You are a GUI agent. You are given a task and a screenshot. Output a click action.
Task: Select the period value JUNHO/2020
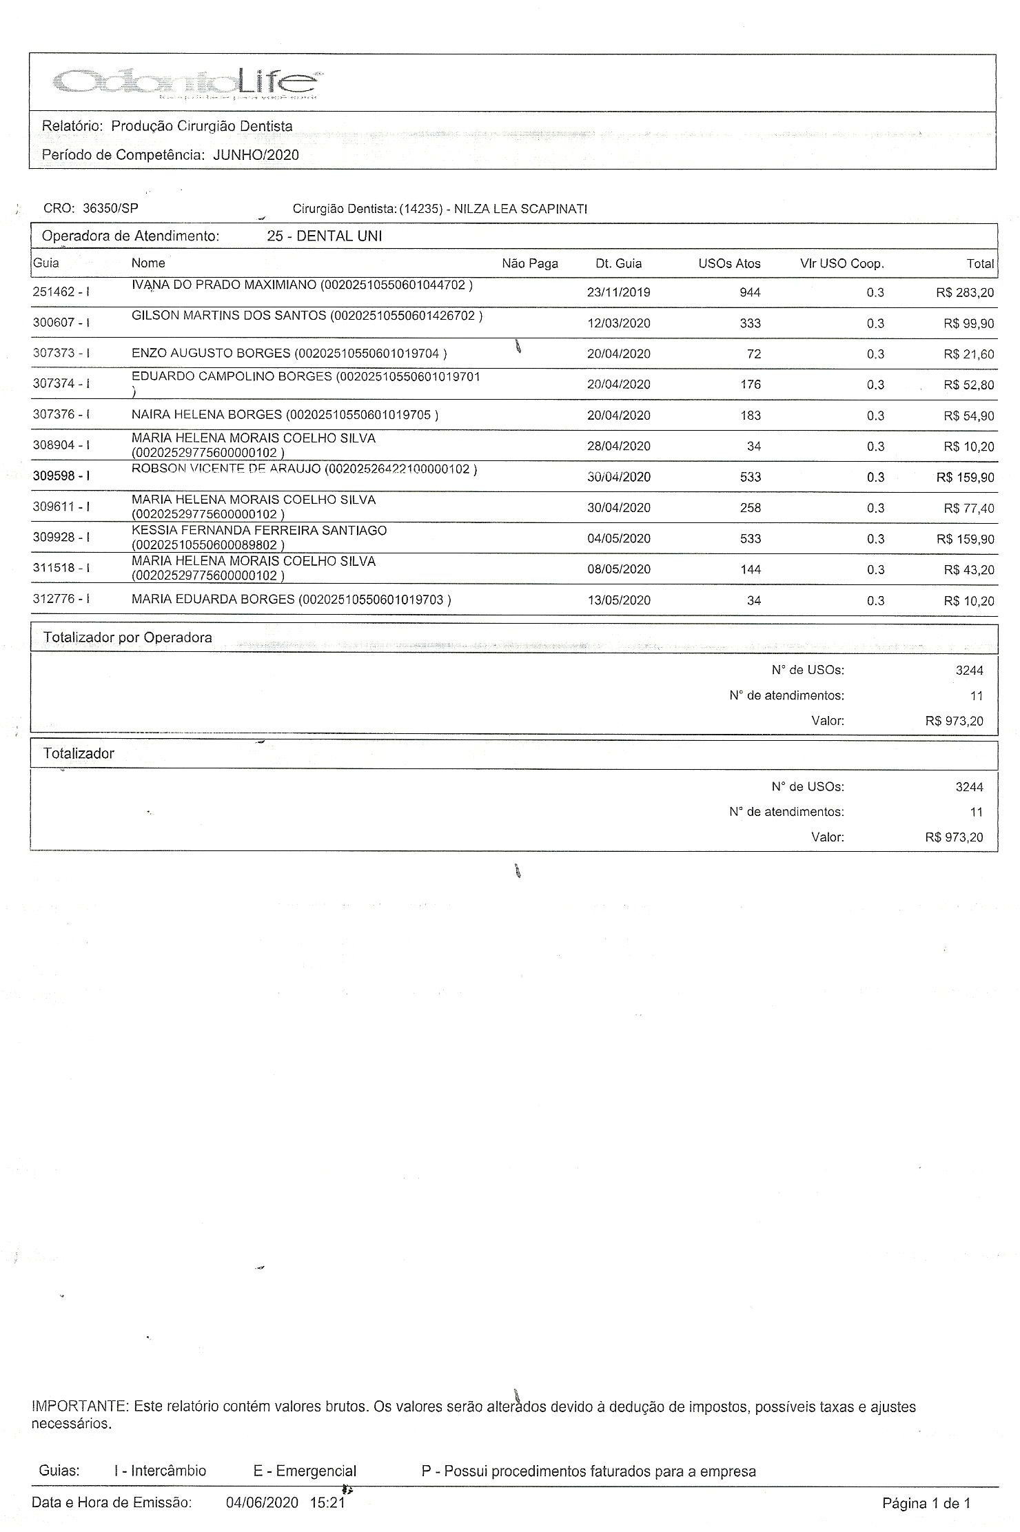[256, 155]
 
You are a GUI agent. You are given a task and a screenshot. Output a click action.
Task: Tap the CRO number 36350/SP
[110, 208]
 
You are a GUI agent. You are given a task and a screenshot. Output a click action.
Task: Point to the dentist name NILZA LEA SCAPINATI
[520, 209]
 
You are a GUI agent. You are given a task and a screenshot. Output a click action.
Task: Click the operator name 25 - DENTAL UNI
[324, 236]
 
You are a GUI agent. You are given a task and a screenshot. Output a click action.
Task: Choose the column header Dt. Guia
[618, 263]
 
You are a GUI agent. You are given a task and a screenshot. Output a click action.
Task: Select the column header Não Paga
[529, 263]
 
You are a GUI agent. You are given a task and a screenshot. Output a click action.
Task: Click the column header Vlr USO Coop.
[841, 263]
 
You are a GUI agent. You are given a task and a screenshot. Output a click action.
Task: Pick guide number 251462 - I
[61, 292]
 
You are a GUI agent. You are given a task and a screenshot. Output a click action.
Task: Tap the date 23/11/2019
[618, 292]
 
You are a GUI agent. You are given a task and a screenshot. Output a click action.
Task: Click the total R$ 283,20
[964, 293]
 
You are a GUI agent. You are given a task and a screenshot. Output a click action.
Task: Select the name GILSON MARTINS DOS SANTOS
[229, 316]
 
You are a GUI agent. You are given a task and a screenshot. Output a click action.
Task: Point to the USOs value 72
[753, 354]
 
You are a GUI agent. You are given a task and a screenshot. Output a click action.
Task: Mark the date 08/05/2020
[618, 570]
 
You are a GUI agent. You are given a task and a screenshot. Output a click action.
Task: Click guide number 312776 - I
[61, 599]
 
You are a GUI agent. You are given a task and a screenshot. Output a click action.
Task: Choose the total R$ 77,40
[968, 509]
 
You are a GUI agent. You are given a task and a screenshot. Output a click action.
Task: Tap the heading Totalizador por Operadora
[127, 637]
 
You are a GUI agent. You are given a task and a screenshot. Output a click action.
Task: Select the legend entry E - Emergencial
[305, 1471]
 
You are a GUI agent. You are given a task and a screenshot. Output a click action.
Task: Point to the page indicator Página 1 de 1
[926, 1503]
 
